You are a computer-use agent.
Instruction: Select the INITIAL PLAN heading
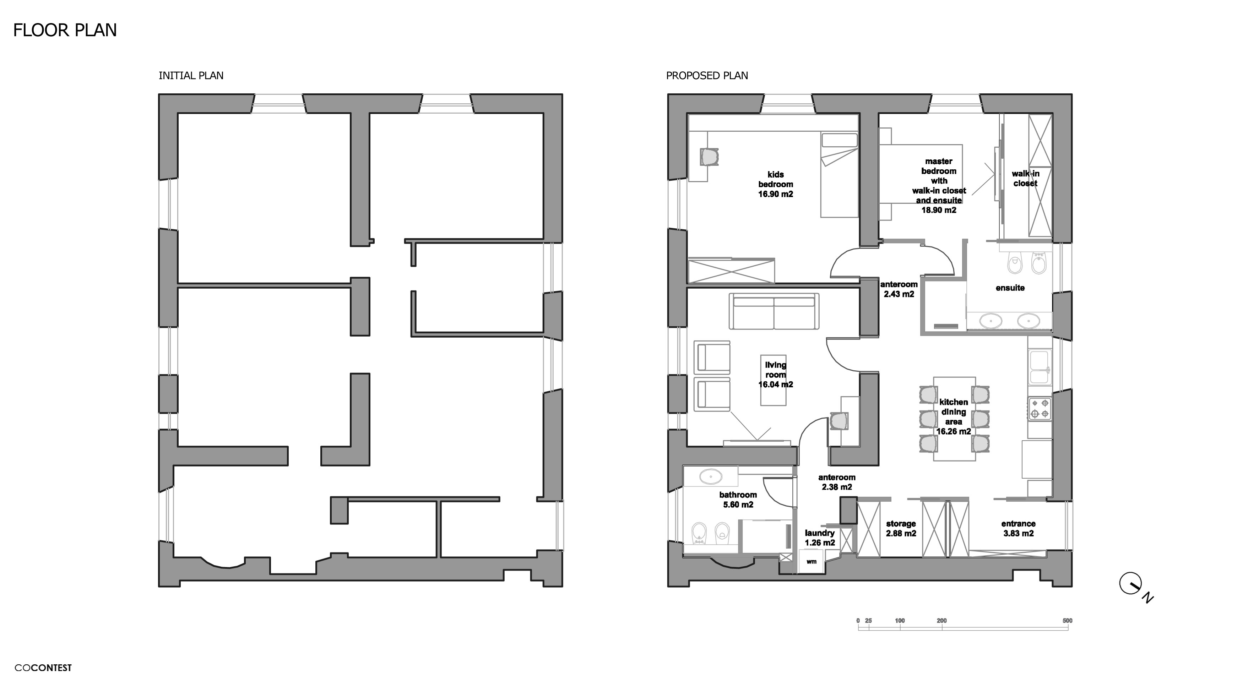coord(191,76)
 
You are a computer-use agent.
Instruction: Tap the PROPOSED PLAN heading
coord(706,76)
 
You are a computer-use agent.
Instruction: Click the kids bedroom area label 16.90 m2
coord(775,194)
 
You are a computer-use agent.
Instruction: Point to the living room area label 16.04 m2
coord(775,385)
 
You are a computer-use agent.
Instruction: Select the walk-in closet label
coord(1025,179)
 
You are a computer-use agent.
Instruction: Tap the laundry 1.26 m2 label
coord(819,538)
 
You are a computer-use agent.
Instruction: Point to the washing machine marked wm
coord(811,562)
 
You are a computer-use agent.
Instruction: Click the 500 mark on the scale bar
coord(1067,621)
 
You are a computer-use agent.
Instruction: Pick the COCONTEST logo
coord(43,668)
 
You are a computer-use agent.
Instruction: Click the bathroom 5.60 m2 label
coord(738,499)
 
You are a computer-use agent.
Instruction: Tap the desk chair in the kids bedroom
coord(709,156)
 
